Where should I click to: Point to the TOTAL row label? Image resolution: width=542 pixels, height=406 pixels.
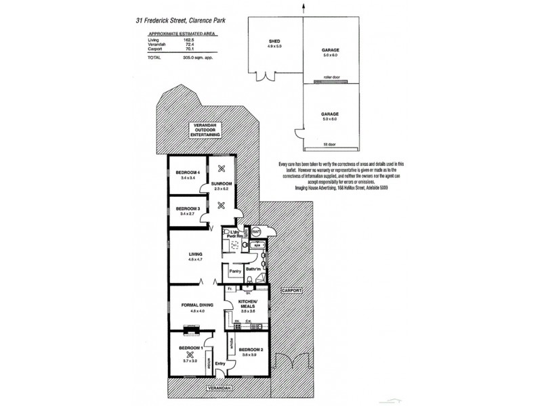pos(155,59)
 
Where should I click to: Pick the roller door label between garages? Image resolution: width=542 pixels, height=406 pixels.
pos(331,78)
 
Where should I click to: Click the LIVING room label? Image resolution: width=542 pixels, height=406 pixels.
pos(195,254)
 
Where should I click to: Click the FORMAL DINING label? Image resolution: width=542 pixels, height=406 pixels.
pos(199,305)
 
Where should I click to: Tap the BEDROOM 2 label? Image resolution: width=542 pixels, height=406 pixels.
pos(250,349)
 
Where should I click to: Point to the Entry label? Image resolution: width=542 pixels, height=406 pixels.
pos(220,364)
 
